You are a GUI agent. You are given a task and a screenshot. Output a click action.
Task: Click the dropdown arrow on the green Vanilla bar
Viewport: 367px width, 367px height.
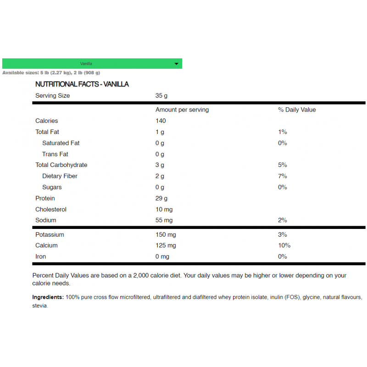click(177, 64)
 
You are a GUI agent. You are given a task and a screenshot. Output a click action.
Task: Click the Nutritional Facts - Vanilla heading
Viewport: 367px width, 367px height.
click(82, 84)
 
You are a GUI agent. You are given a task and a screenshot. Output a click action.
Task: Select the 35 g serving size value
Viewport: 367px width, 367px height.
click(161, 96)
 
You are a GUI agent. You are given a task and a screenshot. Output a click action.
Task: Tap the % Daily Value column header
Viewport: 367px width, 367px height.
click(297, 110)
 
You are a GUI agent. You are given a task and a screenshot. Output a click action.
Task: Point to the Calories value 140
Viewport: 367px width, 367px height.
click(161, 121)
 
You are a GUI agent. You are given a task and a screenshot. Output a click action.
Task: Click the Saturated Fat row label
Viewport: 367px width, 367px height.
click(61, 143)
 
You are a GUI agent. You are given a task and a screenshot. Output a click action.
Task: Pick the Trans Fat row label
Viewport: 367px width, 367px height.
click(55, 154)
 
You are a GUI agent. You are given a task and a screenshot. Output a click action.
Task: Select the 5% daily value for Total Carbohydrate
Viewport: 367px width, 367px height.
click(282, 165)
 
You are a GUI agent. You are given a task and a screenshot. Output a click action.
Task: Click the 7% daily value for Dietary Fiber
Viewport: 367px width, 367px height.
click(282, 176)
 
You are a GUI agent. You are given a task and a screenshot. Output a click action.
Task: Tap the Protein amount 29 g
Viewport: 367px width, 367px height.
click(161, 198)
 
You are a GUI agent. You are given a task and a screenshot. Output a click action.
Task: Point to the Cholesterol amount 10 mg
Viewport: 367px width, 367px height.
click(164, 209)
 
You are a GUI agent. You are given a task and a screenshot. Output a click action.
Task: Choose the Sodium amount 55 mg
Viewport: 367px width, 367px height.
click(164, 220)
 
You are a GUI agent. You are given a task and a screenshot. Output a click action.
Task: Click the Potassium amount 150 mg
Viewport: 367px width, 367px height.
click(166, 235)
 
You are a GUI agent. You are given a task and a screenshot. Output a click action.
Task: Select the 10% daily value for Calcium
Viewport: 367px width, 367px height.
click(284, 245)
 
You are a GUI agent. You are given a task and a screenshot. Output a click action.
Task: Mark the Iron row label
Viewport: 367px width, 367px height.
click(40, 256)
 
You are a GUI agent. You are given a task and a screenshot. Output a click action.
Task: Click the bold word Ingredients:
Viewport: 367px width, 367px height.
click(48, 297)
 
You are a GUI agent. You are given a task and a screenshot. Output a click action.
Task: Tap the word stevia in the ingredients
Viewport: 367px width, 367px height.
click(40, 306)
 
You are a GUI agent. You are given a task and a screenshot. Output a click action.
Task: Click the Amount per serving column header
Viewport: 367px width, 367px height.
click(182, 110)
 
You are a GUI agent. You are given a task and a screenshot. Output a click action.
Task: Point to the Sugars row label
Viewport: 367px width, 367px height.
click(52, 187)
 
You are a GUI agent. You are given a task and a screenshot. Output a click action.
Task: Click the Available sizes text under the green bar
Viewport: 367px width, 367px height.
click(51, 72)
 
